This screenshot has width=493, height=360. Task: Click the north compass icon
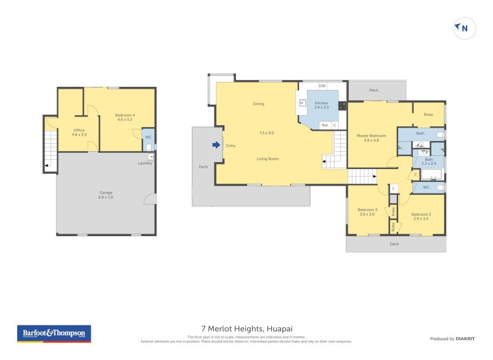[x=465, y=28]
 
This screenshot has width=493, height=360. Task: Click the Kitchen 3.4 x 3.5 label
[x=322, y=105]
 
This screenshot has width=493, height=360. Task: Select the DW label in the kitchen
[x=322, y=86]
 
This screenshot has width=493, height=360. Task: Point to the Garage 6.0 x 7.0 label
[x=106, y=195]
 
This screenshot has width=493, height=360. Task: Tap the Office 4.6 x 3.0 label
[x=79, y=132]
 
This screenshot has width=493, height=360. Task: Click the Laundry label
[x=145, y=163]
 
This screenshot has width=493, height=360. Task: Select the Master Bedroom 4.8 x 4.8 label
[x=372, y=137]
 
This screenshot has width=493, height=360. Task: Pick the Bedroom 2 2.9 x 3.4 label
[x=421, y=216]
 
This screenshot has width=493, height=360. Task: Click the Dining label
[x=258, y=104]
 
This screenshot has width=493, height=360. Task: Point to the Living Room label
[x=267, y=159]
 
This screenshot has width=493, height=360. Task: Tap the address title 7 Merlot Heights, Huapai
[x=246, y=330]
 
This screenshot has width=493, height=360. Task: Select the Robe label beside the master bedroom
[x=428, y=114]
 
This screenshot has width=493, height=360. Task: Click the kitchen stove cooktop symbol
[x=342, y=105]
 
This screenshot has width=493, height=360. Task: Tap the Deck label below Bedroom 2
[x=394, y=244]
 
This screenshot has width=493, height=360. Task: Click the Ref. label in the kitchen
[x=324, y=125]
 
